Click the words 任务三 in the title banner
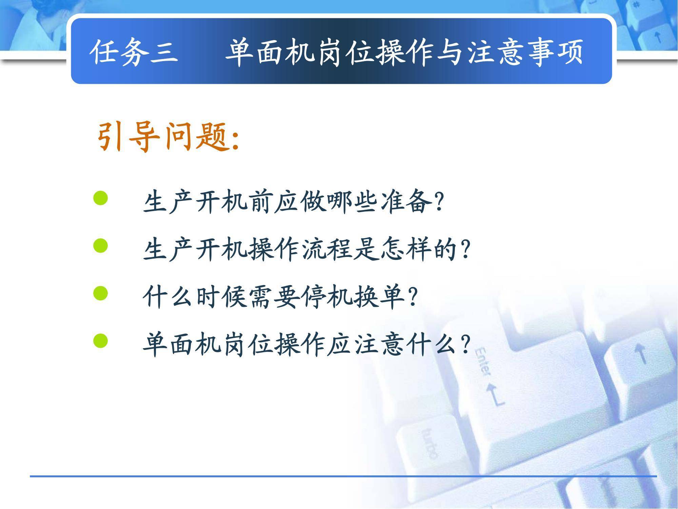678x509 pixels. tap(135, 52)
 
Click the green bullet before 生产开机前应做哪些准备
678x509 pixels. tap(100, 198)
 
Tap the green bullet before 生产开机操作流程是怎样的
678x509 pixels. tap(100, 246)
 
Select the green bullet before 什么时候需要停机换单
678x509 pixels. tap(100, 294)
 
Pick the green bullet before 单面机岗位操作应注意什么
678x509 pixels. tap(100, 341)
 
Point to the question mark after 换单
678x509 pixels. tap(413, 298)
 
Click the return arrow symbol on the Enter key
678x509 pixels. tap(496, 394)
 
